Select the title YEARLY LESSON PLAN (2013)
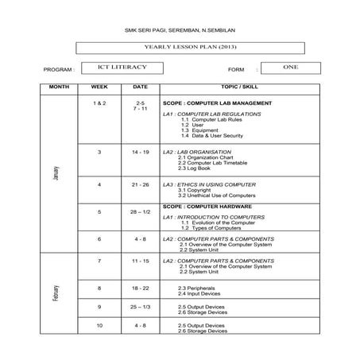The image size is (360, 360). coord(180,50)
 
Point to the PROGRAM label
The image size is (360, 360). coord(58,70)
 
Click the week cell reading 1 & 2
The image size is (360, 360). coord(99,103)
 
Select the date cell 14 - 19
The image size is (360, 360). coord(140,151)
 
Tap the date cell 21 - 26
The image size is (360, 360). coord(140,184)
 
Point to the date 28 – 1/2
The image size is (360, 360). coord(140,212)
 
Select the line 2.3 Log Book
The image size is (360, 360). coord(194,168)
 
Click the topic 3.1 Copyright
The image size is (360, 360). coord(194,190)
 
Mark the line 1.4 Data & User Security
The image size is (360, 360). coord(213,136)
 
